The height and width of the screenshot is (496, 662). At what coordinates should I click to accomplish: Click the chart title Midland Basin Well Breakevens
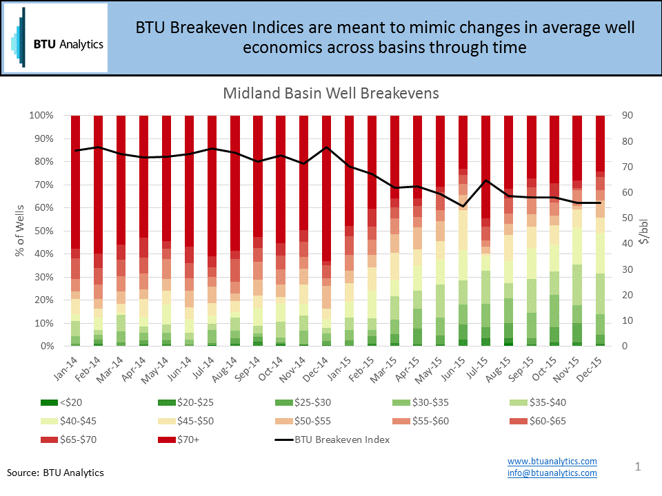(331, 93)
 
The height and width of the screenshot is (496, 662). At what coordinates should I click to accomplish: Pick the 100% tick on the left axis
(40, 116)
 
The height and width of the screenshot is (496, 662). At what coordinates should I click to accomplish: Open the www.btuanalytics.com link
(552, 461)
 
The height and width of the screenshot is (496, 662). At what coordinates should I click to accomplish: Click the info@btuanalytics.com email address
(552, 473)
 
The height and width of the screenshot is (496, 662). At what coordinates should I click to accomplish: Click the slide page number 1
(638, 468)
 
